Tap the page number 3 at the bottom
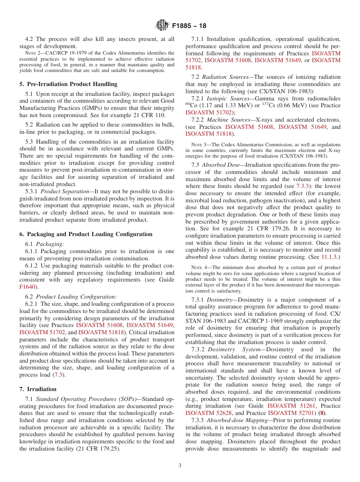point(180,465)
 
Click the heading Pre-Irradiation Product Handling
point(68,84)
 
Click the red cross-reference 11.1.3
point(330,257)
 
